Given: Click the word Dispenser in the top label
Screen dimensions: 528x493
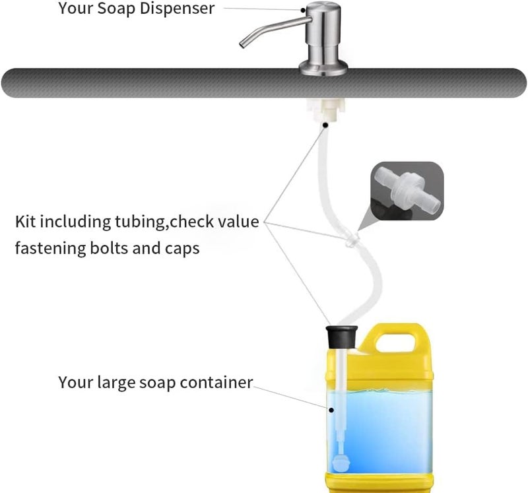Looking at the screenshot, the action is coord(177,8).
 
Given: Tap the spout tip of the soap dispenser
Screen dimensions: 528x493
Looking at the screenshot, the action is coord(242,45).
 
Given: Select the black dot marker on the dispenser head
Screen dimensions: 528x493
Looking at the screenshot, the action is coord(303,10).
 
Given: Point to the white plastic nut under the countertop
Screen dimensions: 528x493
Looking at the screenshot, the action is coord(325,110).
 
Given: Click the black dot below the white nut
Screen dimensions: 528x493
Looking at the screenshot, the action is coord(325,125).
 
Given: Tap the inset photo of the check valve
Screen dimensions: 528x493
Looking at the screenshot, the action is coord(407,191).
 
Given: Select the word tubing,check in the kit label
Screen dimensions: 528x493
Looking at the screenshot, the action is coord(164,222).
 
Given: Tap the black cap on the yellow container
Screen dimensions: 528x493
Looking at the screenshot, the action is coord(341,337).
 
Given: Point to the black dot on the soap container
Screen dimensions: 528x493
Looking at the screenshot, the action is coord(331,410).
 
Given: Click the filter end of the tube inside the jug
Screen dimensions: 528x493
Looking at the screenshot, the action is coord(340,463).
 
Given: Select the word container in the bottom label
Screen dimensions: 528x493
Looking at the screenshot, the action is coord(216,383).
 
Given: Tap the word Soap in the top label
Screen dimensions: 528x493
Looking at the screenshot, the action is coord(116,8).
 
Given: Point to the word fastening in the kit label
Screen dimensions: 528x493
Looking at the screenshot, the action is coord(51,249).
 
